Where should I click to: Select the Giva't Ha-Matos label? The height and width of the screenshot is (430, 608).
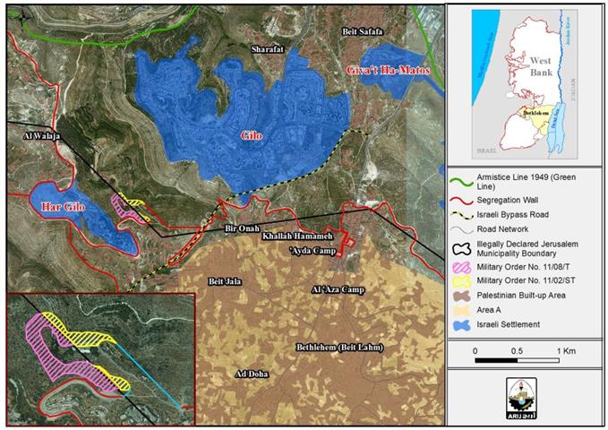(387, 69)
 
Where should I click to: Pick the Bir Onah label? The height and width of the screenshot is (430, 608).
(242, 229)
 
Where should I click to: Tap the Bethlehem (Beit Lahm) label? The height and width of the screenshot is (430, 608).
(339, 346)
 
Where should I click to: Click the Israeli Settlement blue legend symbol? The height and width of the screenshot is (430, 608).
(462, 322)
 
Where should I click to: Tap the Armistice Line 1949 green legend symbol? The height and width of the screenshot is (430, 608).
(462, 180)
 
